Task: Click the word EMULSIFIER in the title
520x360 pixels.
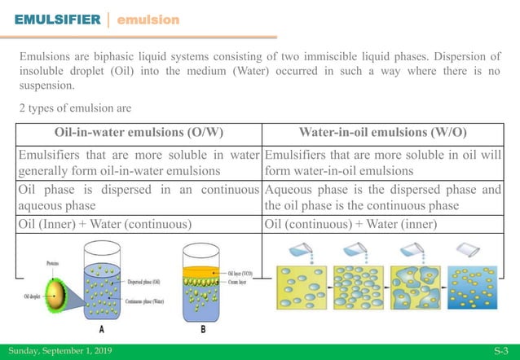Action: tap(54, 19)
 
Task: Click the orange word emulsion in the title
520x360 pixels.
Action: tap(148, 19)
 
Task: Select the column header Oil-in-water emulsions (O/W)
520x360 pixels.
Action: tap(139, 134)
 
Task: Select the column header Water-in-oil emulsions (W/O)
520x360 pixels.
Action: tap(383, 134)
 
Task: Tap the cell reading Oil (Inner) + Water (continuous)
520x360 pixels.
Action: tap(105, 223)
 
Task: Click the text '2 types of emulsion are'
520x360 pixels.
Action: tap(75, 108)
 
